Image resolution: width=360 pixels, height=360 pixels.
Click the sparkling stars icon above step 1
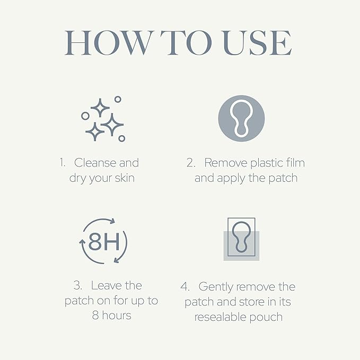coord(103,119)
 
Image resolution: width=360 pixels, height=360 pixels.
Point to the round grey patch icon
coord(241,119)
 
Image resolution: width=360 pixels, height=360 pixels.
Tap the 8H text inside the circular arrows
coord(103,243)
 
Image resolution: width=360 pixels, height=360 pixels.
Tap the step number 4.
coord(185,287)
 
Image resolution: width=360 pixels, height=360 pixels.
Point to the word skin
coord(124,178)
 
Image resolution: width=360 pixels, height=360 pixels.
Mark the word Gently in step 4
coord(216,287)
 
